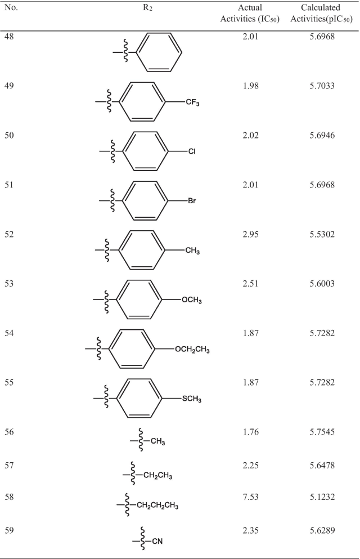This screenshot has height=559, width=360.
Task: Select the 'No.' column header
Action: pyautogui.click(x=11, y=9)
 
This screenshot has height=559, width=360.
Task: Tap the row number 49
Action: pyautogui.click(x=10, y=87)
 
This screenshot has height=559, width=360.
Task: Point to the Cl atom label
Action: pyautogui.click(x=192, y=151)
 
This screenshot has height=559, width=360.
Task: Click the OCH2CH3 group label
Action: pyautogui.click(x=192, y=350)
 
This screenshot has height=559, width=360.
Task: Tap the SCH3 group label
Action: pyautogui.click(x=192, y=399)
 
